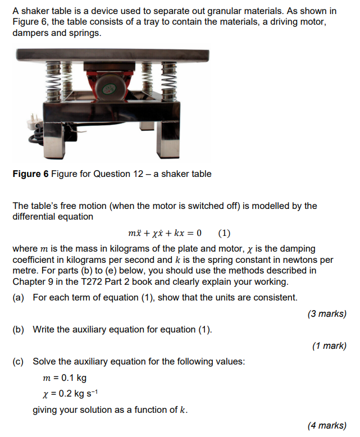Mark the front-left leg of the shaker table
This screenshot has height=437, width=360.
click(x=61, y=137)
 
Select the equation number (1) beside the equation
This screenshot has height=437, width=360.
click(x=224, y=233)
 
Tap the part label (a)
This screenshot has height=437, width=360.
click(x=19, y=297)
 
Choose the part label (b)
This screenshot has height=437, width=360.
click(x=19, y=329)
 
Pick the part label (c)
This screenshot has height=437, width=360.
click(x=19, y=361)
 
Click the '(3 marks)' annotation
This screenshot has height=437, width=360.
click(x=327, y=313)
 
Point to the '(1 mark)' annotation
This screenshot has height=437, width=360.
click(x=329, y=345)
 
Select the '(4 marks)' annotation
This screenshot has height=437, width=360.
click(x=327, y=425)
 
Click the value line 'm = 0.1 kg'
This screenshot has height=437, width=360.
click(x=65, y=377)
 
